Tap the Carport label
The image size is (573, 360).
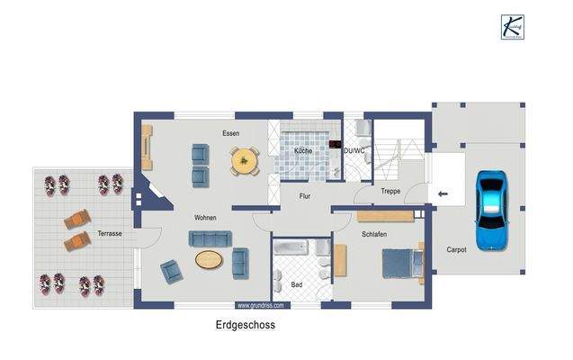click(x=456, y=250)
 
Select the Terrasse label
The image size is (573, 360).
click(x=110, y=233)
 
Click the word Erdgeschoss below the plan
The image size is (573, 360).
click(x=245, y=327)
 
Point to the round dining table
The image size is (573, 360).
click(x=244, y=162)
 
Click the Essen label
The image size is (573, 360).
click(x=231, y=133)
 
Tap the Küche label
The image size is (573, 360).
click(x=303, y=151)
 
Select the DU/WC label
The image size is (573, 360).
click(x=354, y=150)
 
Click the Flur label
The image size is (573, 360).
click(x=308, y=193)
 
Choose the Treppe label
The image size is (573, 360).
click(x=390, y=192)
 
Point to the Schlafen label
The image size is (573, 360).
click(x=374, y=232)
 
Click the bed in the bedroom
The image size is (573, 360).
click(x=401, y=264)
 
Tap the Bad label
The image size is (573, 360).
click(x=297, y=284)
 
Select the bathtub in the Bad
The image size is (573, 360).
click(x=292, y=248)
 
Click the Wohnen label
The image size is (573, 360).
click(x=205, y=218)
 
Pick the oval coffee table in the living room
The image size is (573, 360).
click(x=209, y=260)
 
